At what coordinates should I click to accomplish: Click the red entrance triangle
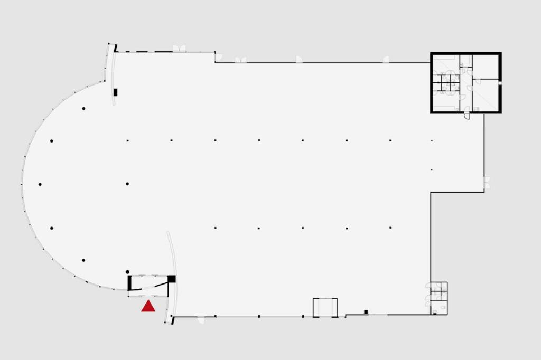pos(148,306)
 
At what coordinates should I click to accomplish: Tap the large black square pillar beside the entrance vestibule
pos(171,279)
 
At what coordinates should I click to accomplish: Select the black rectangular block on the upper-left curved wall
pos(115,92)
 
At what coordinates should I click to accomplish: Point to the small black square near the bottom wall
pos(366,311)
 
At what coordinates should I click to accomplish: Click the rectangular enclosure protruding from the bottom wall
pos(325,308)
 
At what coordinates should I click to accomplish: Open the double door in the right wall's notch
pos(487,183)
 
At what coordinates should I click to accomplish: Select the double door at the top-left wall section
pos(180,49)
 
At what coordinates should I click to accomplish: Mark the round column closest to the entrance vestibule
pos(127,272)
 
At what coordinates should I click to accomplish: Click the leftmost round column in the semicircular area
pos(40,184)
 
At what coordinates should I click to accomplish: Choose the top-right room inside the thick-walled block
pos(486,66)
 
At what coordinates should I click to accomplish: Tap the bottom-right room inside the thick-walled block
pos(486,96)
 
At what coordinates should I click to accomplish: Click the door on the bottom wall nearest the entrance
pos(201,320)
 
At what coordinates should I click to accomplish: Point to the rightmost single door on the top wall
pos(386,60)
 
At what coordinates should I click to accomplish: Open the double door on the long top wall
pos(241,60)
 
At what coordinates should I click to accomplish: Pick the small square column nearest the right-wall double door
pos(432,170)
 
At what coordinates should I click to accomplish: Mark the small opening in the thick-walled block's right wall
pos(500,82)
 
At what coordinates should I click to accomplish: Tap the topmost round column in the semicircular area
pos(83,109)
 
